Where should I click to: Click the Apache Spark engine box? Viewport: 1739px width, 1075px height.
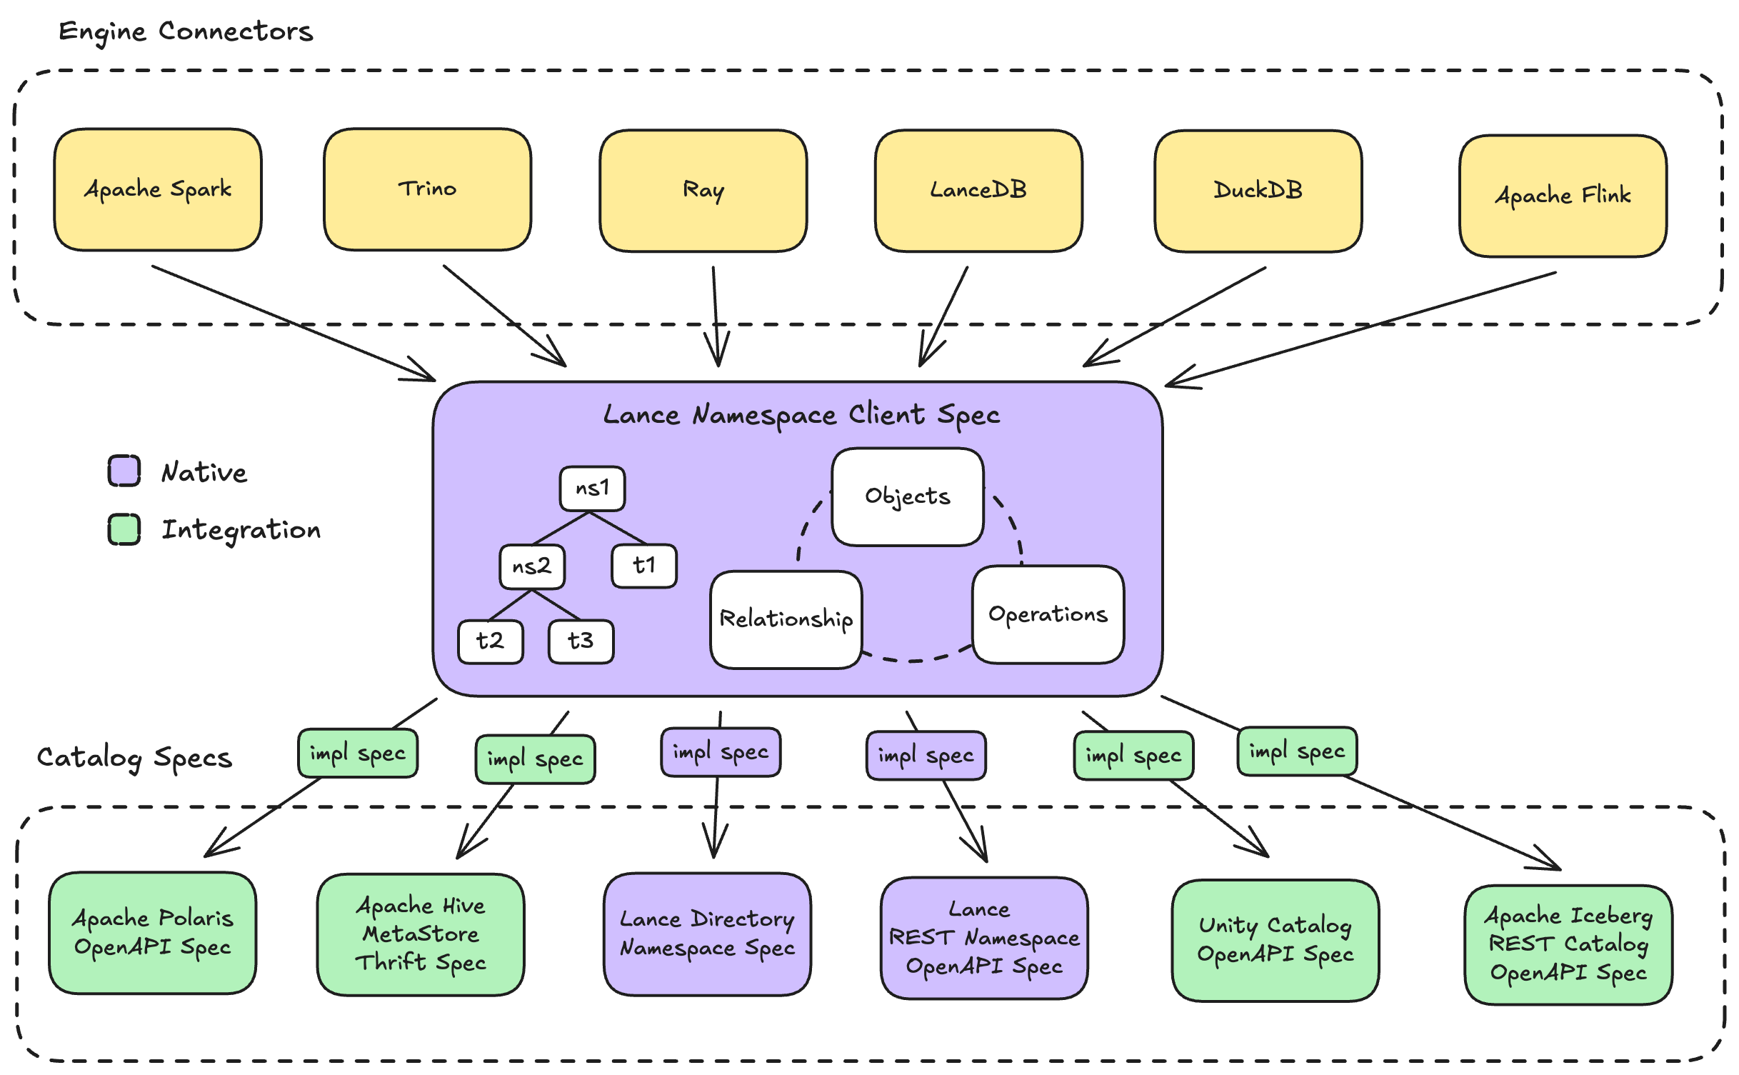(158, 190)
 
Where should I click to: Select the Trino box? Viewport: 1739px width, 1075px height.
(427, 189)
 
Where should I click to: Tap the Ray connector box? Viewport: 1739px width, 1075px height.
(703, 191)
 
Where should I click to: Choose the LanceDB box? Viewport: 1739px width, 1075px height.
(978, 191)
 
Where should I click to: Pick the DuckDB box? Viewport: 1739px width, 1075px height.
(1258, 191)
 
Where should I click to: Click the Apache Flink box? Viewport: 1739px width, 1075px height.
(1563, 196)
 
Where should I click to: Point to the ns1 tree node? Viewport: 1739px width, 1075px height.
(592, 489)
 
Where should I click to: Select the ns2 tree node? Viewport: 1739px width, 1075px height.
(532, 566)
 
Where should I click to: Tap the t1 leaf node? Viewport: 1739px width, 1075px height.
(643, 566)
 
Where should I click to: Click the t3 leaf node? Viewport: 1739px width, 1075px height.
(581, 641)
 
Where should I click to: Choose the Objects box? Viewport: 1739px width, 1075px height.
(907, 496)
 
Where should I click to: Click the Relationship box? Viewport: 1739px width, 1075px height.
(786, 619)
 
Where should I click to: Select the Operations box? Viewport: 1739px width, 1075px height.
(1048, 614)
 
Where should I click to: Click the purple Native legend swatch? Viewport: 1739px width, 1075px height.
(124, 471)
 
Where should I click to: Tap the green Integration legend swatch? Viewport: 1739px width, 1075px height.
(124, 529)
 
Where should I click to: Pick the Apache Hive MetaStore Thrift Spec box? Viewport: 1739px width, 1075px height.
(421, 934)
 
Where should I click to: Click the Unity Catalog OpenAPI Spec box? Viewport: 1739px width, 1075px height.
(1275, 940)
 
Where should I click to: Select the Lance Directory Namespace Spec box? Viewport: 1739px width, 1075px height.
(707, 933)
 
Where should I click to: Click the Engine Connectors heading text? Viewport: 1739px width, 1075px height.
(186, 31)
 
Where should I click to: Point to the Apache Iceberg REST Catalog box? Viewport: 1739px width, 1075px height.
(1568, 944)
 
